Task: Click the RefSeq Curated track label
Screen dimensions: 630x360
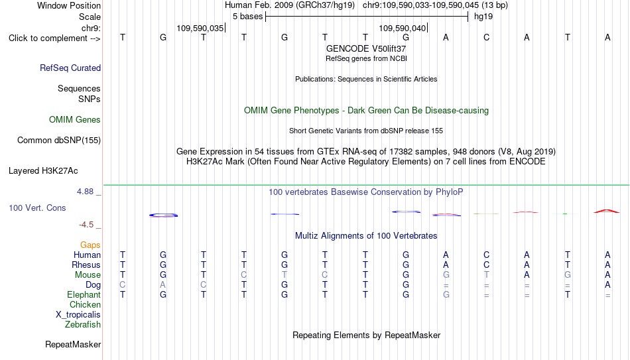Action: (x=70, y=68)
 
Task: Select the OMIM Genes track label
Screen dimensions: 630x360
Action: (x=75, y=120)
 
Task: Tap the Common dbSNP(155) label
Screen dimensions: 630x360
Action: (x=59, y=141)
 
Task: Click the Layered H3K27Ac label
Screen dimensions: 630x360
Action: (x=43, y=171)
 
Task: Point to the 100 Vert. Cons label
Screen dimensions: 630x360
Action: (x=37, y=208)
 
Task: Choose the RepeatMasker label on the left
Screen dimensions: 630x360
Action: (x=73, y=344)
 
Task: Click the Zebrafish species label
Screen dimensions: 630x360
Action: (x=83, y=324)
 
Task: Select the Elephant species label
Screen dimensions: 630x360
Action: (x=84, y=294)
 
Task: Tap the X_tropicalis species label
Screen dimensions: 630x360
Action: (x=78, y=315)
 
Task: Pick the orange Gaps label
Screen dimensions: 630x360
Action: (x=90, y=245)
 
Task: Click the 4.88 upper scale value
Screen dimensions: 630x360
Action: (x=85, y=192)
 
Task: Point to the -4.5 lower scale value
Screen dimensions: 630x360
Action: (x=86, y=225)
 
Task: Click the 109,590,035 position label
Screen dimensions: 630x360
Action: (x=200, y=28)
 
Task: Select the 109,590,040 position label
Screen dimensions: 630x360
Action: (x=402, y=28)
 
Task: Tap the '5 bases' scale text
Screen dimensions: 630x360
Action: (x=247, y=17)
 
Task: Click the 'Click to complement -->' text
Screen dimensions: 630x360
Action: (x=54, y=38)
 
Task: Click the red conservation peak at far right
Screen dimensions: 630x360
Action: (x=607, y=210)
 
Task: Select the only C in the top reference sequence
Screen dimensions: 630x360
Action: (x=486, y=37)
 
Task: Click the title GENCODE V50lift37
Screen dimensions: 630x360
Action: (x=366, y=48)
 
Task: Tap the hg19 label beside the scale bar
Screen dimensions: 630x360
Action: (x=483, y=17)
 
